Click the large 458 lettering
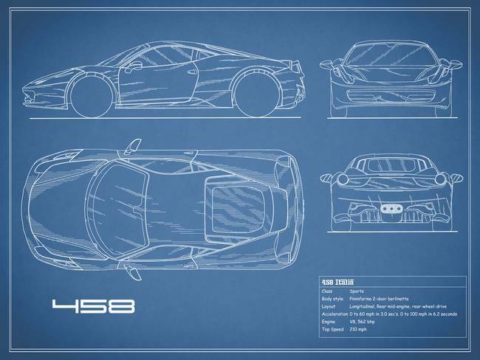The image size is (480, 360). coord(88,305)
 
